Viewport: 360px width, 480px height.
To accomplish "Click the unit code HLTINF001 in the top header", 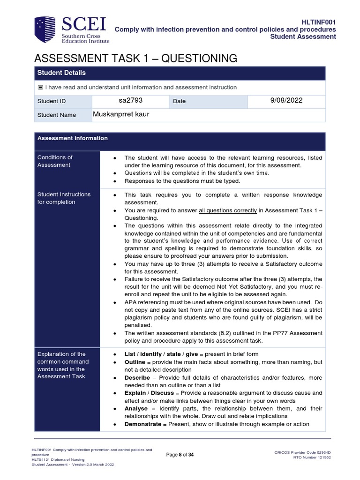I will (318, 22).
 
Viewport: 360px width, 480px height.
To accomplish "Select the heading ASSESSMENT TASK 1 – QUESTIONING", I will (135, 58).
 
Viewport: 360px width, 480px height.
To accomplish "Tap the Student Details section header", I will (61, 73).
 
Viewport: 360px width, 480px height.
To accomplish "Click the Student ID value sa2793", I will (130, 100).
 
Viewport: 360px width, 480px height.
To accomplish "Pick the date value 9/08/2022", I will (286, 100).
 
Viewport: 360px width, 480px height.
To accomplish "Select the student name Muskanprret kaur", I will (121, 114).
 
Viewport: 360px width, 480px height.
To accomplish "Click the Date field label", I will (179, 101).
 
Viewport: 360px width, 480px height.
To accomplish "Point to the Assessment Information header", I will (73, 138).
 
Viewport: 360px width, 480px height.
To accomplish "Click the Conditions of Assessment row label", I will (55, 161).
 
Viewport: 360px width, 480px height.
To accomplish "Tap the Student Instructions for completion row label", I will (64, 198).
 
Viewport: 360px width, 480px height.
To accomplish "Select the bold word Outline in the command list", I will (135, 362).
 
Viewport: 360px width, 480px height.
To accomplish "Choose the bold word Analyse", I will (135, 408).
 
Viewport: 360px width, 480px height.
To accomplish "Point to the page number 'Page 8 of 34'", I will (180, 455).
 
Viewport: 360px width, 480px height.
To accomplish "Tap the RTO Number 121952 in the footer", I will (312, 457).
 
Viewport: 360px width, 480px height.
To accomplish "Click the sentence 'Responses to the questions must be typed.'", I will (182, 180).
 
